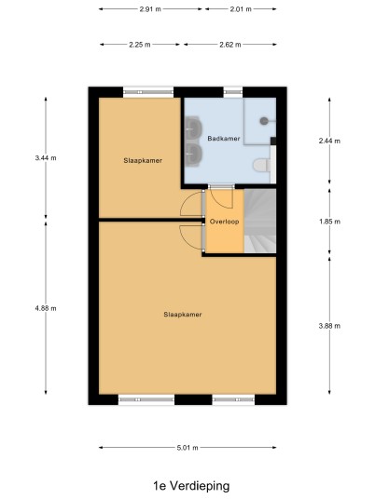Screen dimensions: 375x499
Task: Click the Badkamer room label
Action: (x=224, y=139)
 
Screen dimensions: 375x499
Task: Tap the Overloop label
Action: (x=225, y=222)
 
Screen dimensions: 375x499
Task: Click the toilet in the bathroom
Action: (x=262, y=166)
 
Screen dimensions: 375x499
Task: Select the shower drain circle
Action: (x=264, y=121)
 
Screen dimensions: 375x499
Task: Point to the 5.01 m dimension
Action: (x=187, y=448)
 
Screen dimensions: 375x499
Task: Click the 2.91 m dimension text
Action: (x=150, y=9)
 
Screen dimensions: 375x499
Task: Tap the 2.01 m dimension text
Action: (x=241, y=9)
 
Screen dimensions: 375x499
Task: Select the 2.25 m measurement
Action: (x=140, y=45)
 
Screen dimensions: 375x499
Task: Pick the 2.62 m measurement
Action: (x=230, y=45)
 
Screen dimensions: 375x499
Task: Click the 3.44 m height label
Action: (x=46, y=158)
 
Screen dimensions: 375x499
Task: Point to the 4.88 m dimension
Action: (x=46, y=308)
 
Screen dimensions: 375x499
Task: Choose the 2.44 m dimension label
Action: (x=329, y=141)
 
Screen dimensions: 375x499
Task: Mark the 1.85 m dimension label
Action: (x=329, y=222)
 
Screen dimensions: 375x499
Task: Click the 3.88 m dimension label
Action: (x=329, y=326)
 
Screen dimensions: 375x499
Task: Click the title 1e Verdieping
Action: (x=191, y=486)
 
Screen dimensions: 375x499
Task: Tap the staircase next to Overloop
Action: (x=260, y=221)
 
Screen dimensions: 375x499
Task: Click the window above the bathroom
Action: (x=233, y=92)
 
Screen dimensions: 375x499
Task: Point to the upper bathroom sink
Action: (x=193, y=128)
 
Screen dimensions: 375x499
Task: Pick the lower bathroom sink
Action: (x=193, y=155)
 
